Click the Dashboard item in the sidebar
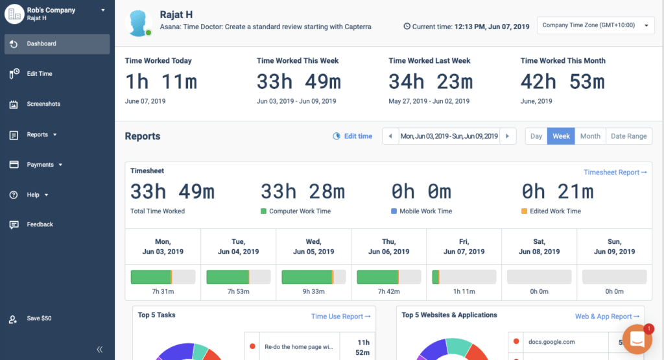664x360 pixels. click(41, 44)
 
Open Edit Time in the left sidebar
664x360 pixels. click(40, 74)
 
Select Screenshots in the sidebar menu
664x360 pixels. click(43, 104)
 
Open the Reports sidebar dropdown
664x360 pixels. click(41, 135)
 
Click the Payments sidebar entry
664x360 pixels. click(44, 165)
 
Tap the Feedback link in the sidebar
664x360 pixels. click(40, 224)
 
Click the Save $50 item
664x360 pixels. click(38, 318)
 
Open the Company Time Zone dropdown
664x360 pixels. click(595, 26)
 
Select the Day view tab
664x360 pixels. click(536, 136)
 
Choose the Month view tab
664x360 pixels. click(590, 136)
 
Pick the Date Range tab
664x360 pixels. click(628, 136)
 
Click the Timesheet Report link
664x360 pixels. click(615, 173)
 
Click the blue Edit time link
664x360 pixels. click(357, 136)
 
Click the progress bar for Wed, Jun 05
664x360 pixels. click(313, 277)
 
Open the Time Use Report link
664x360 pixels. click(340, 317)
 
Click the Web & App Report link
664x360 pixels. click(607, 317)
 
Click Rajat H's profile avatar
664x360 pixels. click(139, 23)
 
